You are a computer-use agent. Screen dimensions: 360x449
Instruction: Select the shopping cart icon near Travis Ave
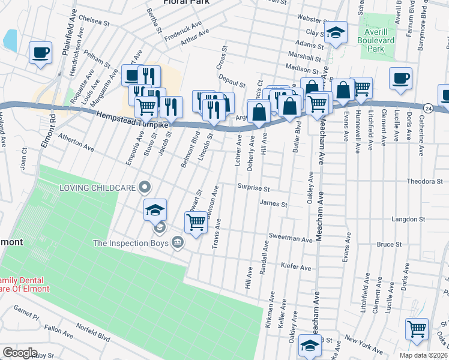click(x=196, y=223)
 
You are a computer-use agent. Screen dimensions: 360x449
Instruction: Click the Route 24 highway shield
click(x=427, y=108)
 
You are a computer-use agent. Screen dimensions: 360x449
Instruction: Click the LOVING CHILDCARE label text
click(x=97, y=188)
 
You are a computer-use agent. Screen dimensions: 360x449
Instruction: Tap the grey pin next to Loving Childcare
click(x=144, y=188)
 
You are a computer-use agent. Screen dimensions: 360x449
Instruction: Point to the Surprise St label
click(x=253, y=188)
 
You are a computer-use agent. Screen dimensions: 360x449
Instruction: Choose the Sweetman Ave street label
click(x=291, y=238)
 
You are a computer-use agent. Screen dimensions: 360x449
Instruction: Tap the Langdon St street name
click(x=408, y=220)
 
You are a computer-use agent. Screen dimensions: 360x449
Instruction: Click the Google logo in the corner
click(x=20, y=352)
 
